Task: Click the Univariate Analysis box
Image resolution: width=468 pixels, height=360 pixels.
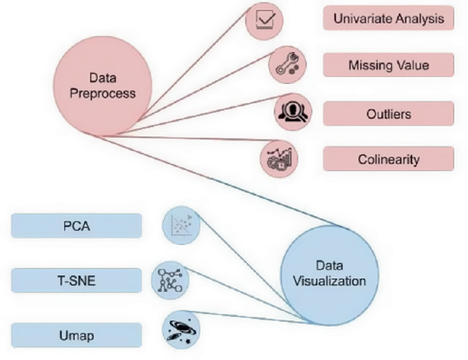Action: (x=388, y=18)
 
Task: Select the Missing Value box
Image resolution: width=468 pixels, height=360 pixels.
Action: (x=388, y=66)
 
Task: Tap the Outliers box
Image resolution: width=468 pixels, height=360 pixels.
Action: (x=388, y=113)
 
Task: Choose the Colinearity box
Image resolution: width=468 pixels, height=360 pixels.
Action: (x=388, y=160)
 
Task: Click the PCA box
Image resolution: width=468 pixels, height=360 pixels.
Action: (x=77, y=225)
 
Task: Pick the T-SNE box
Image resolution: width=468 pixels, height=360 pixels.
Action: (x=77, y=280)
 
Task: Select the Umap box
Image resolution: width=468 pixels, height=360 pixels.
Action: (x=77, y=336)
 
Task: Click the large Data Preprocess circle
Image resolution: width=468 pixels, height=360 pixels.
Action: (x=102, y=85)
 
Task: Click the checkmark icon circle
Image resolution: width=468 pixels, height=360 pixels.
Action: (x=264, y=18)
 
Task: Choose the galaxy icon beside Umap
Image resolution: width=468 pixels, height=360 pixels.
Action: (x=180, y=329)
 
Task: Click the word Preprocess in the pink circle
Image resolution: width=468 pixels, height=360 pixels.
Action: (x=102, y=93)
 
